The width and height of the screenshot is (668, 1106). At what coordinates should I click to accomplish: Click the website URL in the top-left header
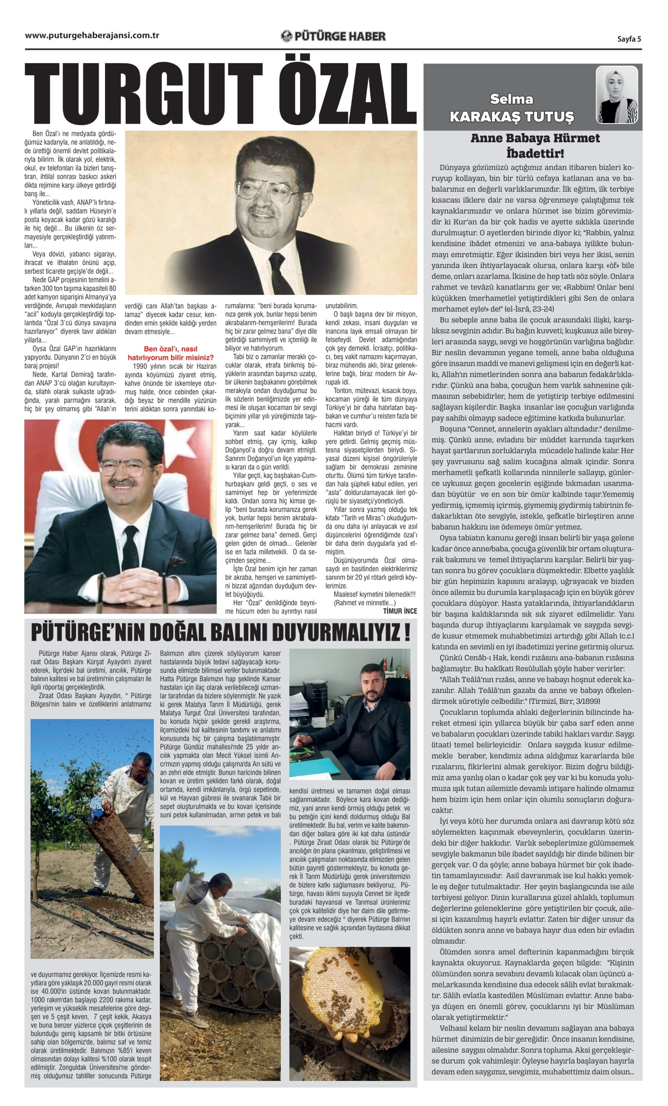pyautogui.click(x=92, y=36)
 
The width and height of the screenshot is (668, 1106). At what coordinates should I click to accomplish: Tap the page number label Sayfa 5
pyautogui.click(x=629, y=38)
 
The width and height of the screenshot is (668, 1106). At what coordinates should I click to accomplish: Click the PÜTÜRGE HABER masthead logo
pyautogui.click(x=333, y=36)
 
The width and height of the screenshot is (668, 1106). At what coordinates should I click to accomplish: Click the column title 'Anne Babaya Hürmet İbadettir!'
pyautogui.click(x=534, y=146)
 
